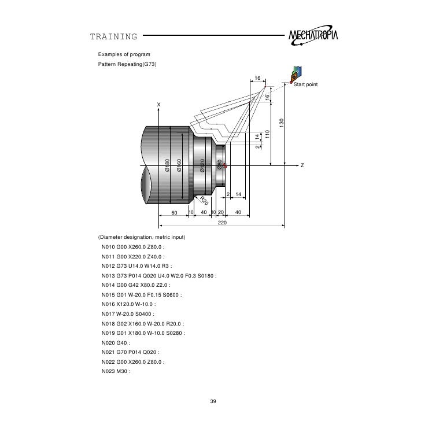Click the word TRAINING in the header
coord(114,38)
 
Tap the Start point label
coord(306,85)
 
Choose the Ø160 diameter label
coord(180,164)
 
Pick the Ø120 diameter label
coord(202,165)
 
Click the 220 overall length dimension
coord(222,222)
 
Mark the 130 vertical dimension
coord(281,123)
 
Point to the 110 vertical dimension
coord(268,133)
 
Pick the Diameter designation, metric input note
coord(142,238)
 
